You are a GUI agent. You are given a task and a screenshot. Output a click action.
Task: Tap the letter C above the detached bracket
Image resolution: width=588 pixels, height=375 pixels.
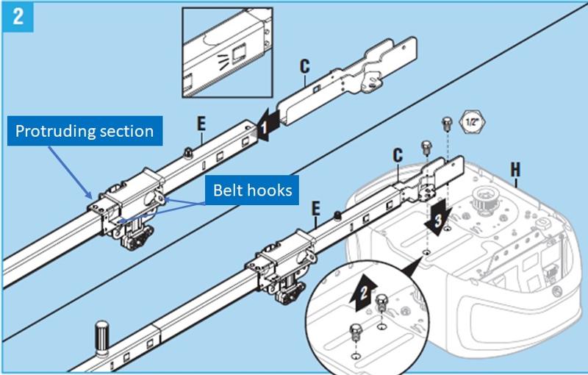tap(305, 66)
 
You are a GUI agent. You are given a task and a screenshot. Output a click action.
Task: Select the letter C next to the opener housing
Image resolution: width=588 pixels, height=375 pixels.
tap(398, 156)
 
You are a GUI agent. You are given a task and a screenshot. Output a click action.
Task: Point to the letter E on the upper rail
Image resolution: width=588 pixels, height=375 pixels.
tap(200, 123)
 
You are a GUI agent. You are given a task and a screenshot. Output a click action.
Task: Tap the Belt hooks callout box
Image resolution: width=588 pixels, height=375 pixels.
tap(252, 190)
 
